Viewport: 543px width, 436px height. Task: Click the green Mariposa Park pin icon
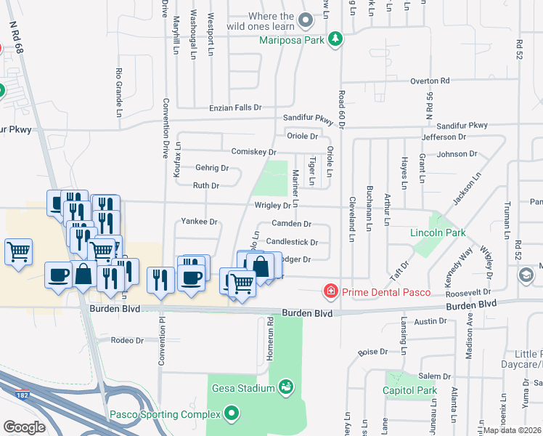335,39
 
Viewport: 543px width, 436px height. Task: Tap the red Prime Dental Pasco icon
330,292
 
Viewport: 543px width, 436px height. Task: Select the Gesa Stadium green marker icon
286,387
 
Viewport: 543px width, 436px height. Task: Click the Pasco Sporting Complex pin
232,414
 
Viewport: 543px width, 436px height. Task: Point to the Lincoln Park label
438,233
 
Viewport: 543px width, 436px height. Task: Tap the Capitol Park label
410,390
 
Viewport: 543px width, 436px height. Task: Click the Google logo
24,427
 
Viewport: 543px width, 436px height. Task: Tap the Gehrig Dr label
212,168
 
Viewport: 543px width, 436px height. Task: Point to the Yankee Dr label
199,221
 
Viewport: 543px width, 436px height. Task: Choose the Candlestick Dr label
292,242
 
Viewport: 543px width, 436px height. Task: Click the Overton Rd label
430,81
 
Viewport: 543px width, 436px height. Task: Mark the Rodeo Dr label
126,340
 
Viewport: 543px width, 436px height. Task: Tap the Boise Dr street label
375,352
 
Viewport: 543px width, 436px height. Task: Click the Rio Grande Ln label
118,92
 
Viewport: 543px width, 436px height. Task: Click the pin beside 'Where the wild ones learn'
306,20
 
